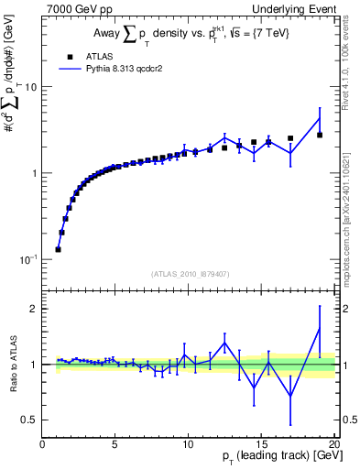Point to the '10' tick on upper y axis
pyautogui.click(x=29, y=87)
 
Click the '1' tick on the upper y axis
pyautogui.click(x=34, y=173)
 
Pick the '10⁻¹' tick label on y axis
pyautogui.click(x=27, y=259)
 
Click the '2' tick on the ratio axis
pyautogui.click(x=34, y=309)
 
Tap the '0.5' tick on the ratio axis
pyautogui.click(x=29, y=420)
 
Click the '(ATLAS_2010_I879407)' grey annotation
pyautogui.click(x=189, y=272)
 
